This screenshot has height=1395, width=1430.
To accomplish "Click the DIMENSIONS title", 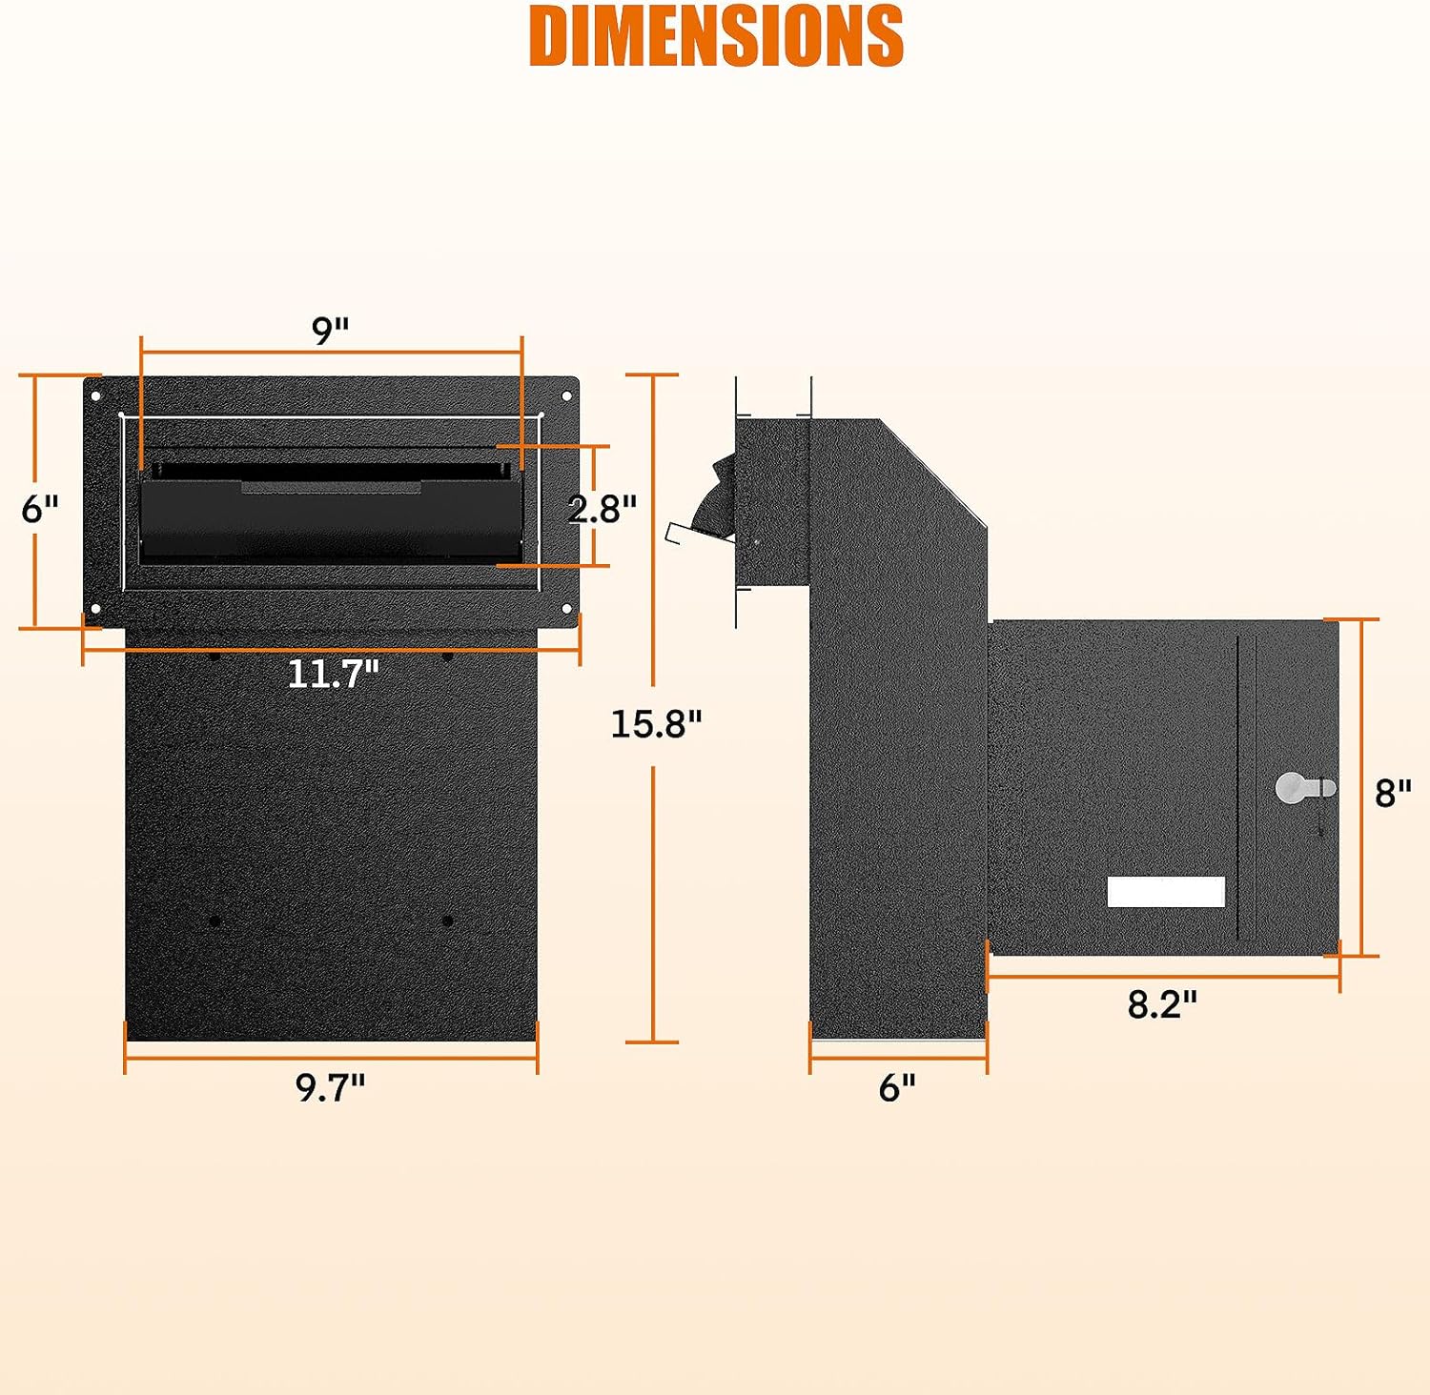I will click(716, 36).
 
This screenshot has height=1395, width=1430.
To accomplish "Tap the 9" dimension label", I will click(331, 331).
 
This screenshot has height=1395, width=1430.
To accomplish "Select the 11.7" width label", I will click(333, 674).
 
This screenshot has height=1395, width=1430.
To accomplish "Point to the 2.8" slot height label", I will click(602, 509).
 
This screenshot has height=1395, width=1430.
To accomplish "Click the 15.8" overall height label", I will click(656, 724).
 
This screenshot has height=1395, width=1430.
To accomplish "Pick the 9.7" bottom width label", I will click(330, 1086).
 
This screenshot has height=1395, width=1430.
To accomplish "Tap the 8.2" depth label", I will click(1162, 1004).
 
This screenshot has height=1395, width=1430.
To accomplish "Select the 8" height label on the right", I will click(1393, 792).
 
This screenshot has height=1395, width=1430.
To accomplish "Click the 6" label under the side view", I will click(897, 1086).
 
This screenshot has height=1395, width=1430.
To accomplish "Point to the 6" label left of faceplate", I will click(40, 509).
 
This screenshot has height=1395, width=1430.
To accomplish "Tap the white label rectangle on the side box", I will click(1166, 892).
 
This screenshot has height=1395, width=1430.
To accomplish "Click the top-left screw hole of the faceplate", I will click(95, 395).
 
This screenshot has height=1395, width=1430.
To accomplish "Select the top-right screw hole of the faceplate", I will click(566, 395).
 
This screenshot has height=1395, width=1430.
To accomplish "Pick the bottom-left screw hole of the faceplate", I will click(95, 608).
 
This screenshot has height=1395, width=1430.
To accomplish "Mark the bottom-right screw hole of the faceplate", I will click(566, 608).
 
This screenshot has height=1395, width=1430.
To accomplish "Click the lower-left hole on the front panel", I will click(214, 921).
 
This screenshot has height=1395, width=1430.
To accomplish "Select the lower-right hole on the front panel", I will click(447, 921).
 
